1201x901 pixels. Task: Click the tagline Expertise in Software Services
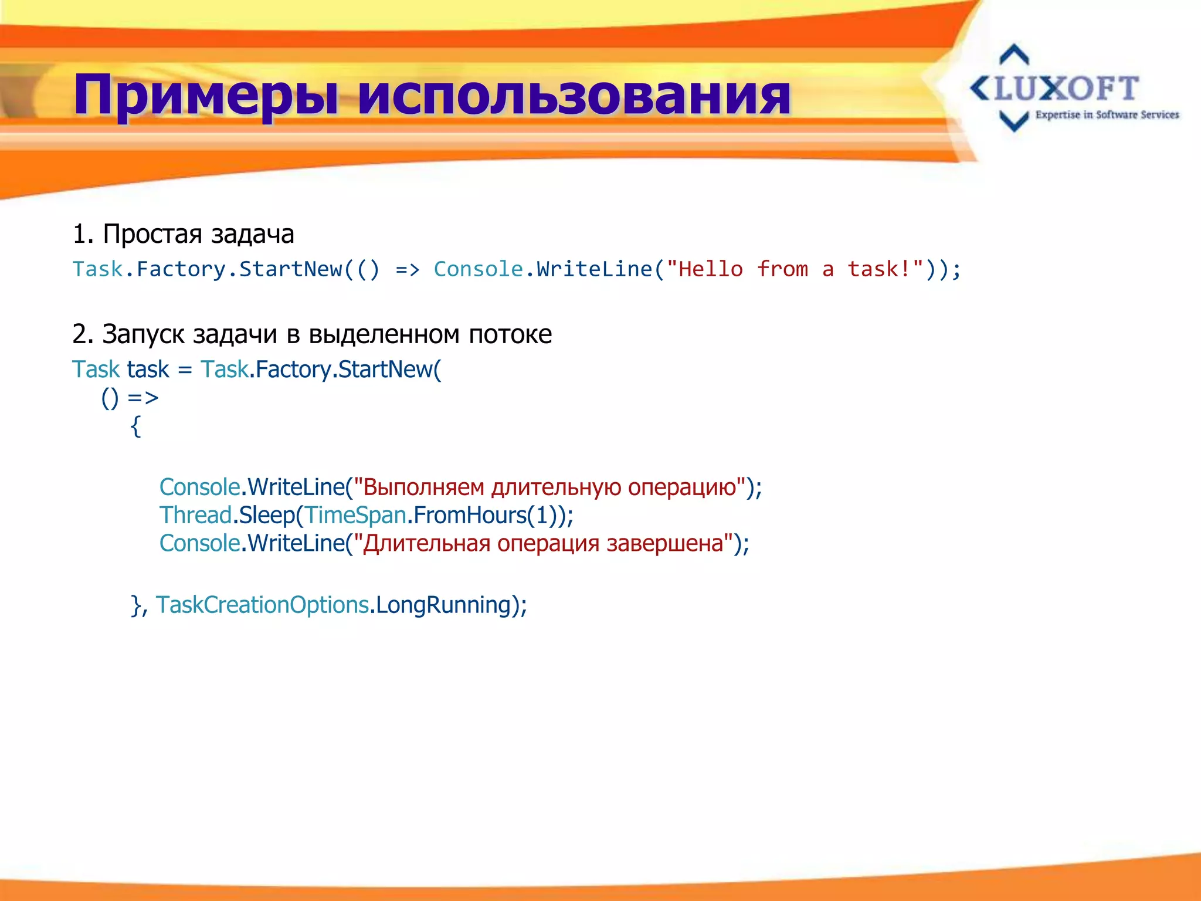[x=1107, y=115]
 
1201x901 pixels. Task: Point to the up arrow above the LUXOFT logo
[x=1014, y=55]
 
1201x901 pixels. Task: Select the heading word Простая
[x=153, y=234]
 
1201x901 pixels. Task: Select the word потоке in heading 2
[x=510, y=334]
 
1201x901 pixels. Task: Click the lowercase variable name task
[x=148, y=370]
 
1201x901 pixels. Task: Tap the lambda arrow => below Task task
[x=143, y=398]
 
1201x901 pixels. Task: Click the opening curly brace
[x=135, y=426]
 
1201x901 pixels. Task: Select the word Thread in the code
[x=195, y=515]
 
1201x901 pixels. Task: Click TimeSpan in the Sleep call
[x=355, y=515]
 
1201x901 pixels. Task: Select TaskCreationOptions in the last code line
[x=262, y=605]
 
